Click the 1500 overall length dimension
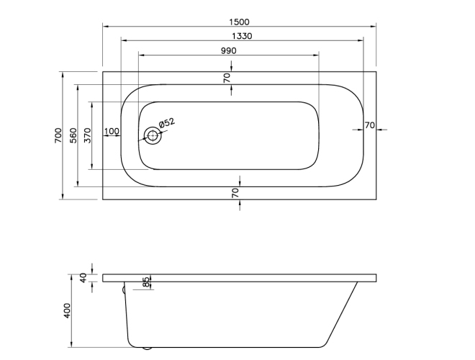click(x=240, y=22)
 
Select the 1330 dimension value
click(x=240, y=35)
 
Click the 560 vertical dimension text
click(x=73, y=135)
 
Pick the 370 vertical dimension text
click(x=86, y=135)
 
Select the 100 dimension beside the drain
click(x=112, y=131)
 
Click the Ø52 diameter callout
click(x=167, y=124)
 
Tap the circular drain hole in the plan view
click(x=152, y=135)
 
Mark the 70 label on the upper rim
click(x=227, y=78)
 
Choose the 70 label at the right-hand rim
click(x=369, y=125)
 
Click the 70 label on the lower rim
click(x=235, y=192)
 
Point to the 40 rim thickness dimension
click(x=83, y=277)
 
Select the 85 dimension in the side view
click(x=146, y=282)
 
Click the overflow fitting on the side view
click(x=124, y=290)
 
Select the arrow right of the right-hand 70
click(x=381, y=130)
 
